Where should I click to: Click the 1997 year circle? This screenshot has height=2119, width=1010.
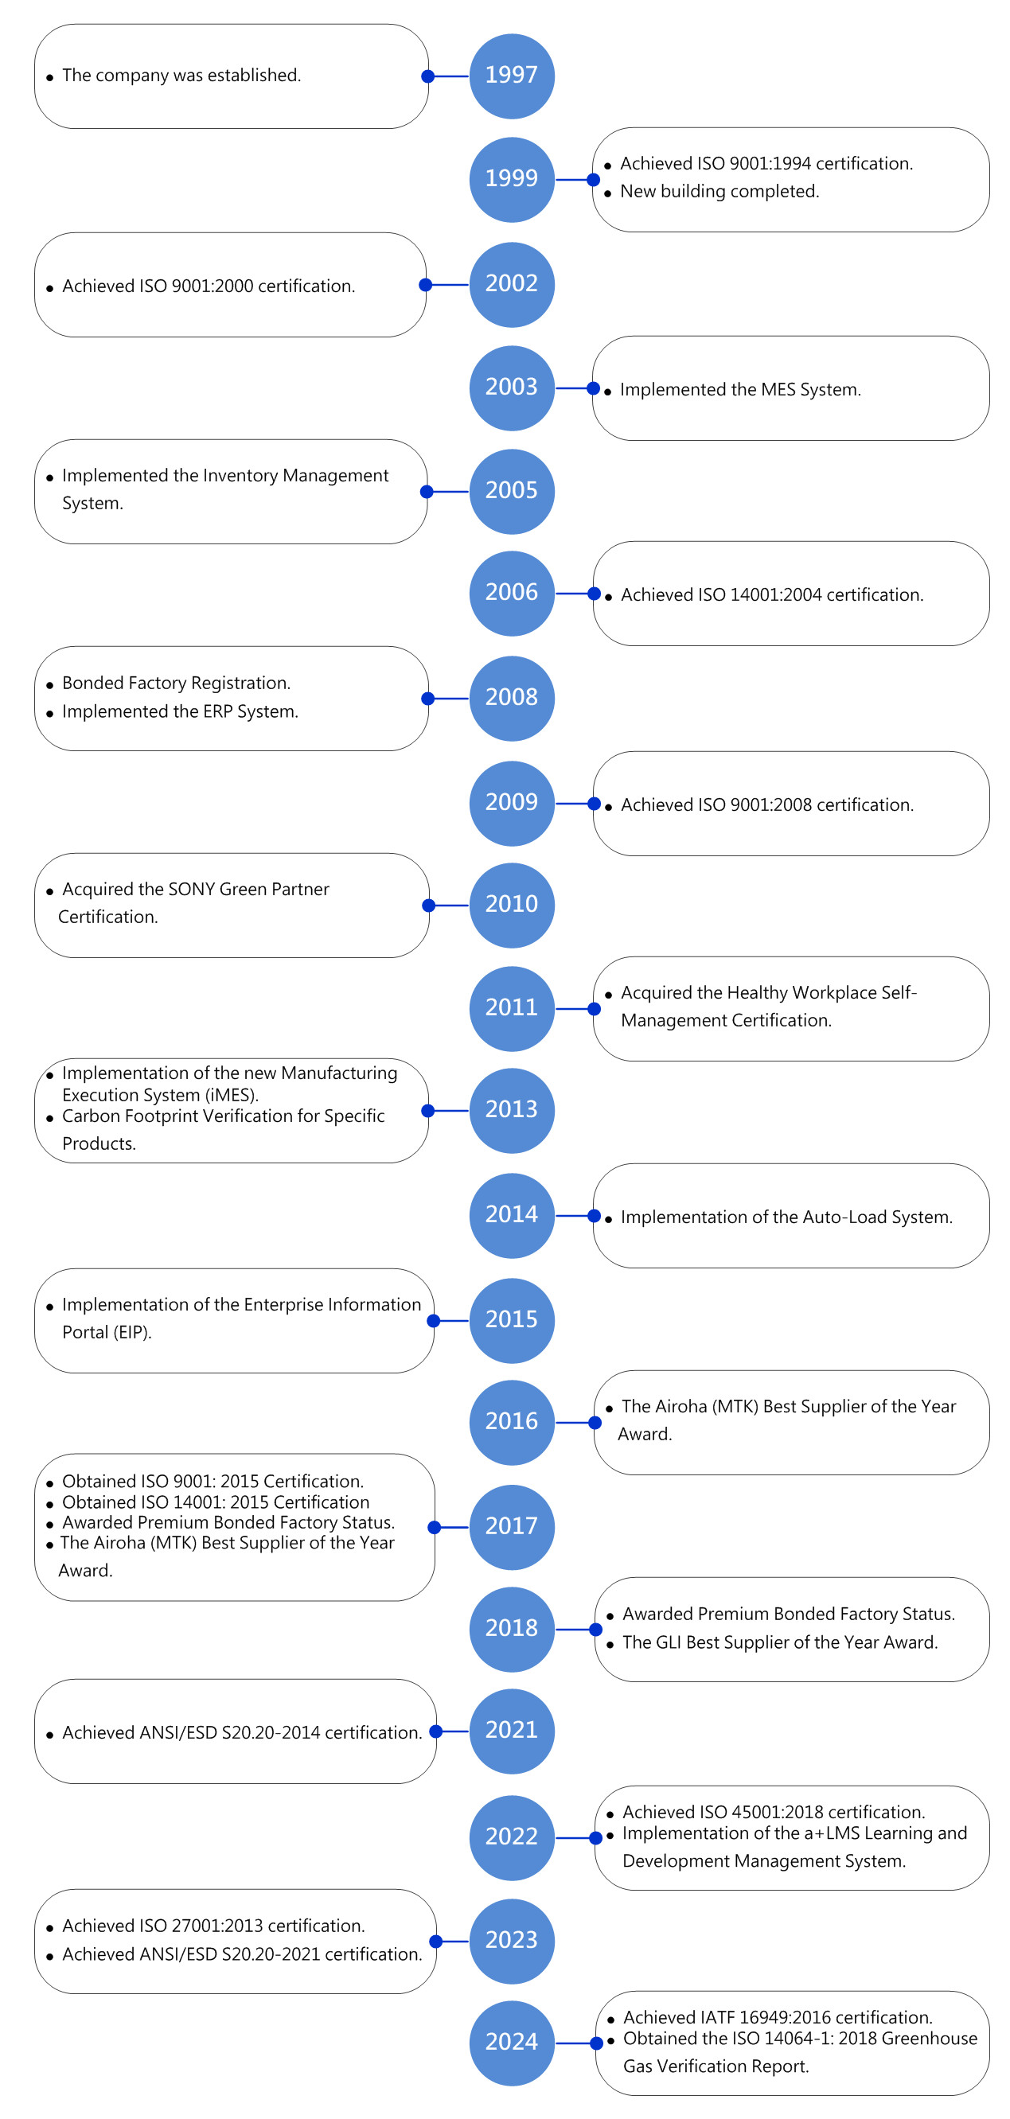(512, 76)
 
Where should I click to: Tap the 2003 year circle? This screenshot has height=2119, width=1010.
(512, 388)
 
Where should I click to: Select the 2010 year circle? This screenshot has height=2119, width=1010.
(512, 905)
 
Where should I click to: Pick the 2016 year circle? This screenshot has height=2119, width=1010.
(512, 1421)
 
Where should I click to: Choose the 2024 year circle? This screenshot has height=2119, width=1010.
(512, 2043)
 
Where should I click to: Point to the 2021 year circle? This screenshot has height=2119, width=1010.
(512, 1731)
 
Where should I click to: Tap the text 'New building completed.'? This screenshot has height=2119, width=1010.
(719, 191)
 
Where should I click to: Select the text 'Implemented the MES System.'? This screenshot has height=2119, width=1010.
(740, 389)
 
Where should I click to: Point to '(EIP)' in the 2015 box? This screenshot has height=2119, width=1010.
(131, 1332)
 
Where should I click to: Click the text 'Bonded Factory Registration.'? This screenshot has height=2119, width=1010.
(176, 683)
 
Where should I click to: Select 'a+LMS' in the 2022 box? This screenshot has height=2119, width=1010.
(833, 1833)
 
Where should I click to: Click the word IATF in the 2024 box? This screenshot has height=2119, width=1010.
(717, 2017)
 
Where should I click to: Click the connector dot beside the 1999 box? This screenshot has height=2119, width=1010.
(593, 179)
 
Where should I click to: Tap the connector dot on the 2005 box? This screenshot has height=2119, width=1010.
(426, 492)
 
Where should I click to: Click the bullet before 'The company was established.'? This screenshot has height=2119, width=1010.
(50, 78)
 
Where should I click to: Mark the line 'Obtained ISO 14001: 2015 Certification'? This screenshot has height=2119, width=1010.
(216, 1502)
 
